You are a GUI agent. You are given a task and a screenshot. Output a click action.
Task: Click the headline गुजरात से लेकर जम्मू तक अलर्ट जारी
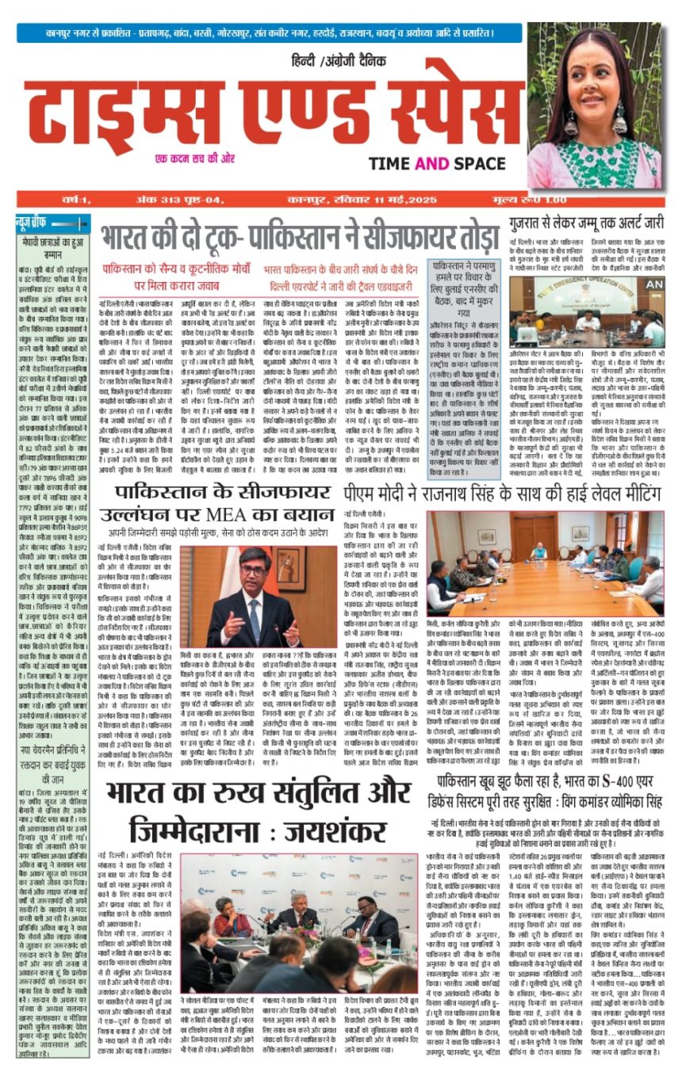coord(586,223)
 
